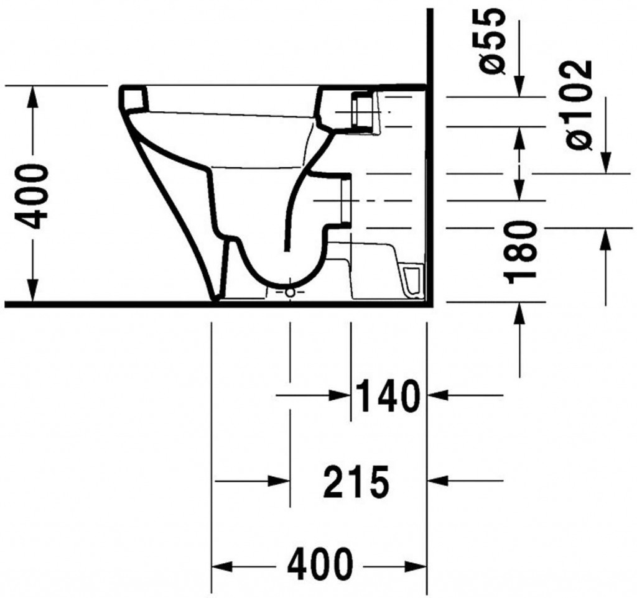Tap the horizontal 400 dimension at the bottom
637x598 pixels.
[x=319, y=564]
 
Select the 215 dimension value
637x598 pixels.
[x=356, y=482]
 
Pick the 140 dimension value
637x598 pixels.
[x=387, y=395]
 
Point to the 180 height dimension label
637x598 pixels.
[x=521, y=252]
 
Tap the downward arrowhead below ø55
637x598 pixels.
[x=519, y=86]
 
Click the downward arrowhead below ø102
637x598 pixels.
[x=606, y=162]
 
